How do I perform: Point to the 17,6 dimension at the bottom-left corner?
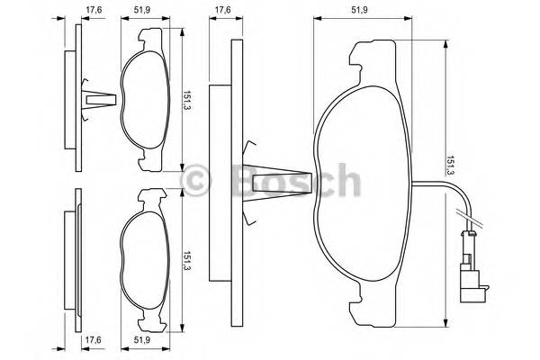(x=93, y=340)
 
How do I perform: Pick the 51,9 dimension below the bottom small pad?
(x=141, y=340)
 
